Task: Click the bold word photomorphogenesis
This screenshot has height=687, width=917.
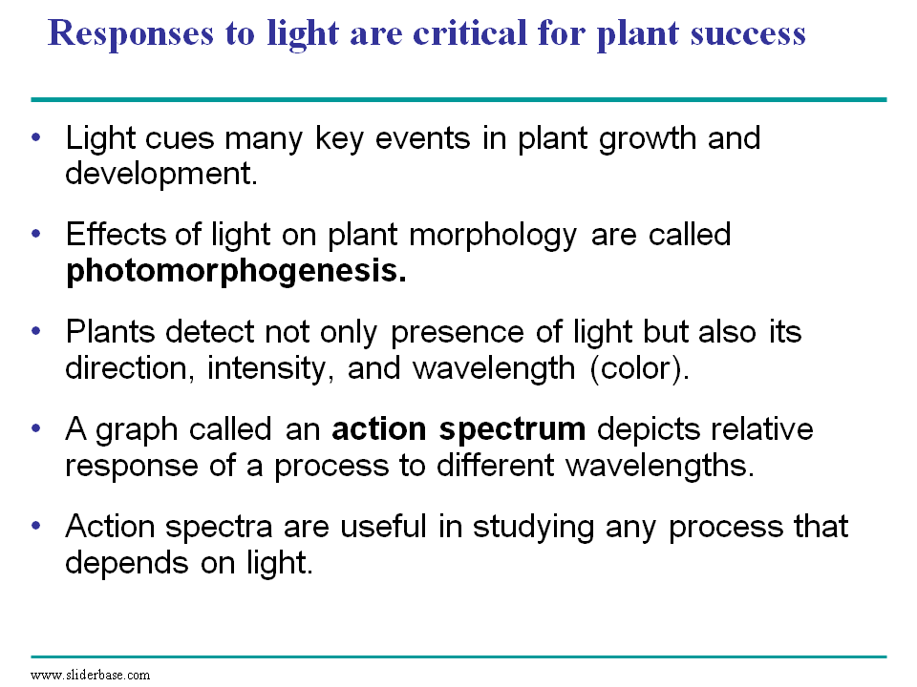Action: coord(235,272)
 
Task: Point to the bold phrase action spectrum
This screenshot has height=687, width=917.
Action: coord(458,429)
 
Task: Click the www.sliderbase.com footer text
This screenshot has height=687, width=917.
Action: coord(90,675)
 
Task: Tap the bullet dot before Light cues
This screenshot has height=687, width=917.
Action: coord(36,137)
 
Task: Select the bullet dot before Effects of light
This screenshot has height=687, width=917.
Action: coord(36,234)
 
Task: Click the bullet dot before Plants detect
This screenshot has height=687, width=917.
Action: coord(36,332)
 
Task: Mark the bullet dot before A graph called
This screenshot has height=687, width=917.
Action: coord(36,429)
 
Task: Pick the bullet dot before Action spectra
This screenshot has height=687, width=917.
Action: coord(36,527)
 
